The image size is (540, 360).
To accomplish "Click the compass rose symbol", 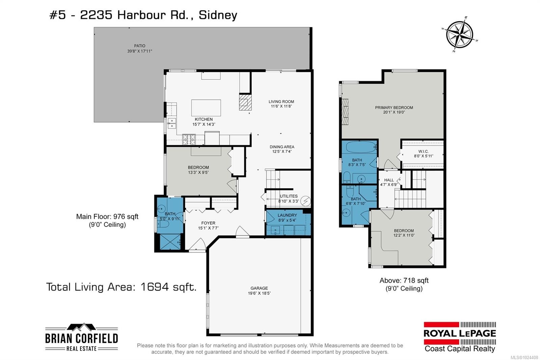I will pyautogui.click(x=459, y=34).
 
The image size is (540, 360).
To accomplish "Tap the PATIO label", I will pyautogui.click(x=139, y=46).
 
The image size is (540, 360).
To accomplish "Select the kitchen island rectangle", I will pyautogui.click(x=206, y=108).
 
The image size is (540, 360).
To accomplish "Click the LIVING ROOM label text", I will pyautogui.click(x=281, y=102).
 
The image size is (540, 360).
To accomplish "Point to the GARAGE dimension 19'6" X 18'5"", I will pyautogui.click(x=259, y=293).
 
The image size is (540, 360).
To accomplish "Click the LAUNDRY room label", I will pyautogui.click(x=287, y=215).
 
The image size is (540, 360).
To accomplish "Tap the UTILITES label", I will pyautogui.click(x=289, y=196).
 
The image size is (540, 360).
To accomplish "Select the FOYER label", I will pyautogui.click(x=208, y=223).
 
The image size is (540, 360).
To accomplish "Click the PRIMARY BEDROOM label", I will pyautogui.click(x=394, y=108).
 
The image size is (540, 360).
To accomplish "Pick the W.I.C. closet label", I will pyautogui.click(x=423, y=151).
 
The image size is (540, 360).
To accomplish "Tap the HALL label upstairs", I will pyautogui.click(x=389, y=180).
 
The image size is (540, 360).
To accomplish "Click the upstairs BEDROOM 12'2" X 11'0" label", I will pyautogui.click(x=404, y=231).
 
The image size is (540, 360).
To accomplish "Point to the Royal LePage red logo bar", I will pyautogui.click(x=441, y=325).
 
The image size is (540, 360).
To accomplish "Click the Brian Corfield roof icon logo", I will pyautogui.click(x=81, y=328).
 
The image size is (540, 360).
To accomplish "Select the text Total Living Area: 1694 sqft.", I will pyautogui.click(x=121, y=287).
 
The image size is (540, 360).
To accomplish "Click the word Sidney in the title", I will pyautogui.click(x=218, y=15).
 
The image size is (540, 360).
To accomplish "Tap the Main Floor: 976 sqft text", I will pyautogui.click(x=107, y=217).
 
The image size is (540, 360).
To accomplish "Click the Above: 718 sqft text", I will pyautogui.click(x=404, y=280).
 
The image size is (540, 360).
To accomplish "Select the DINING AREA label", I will pyautogui.click(x=282, y=147).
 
